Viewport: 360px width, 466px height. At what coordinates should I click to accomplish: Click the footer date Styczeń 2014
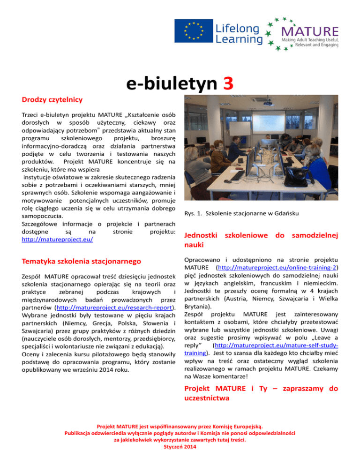(x=180, y=447)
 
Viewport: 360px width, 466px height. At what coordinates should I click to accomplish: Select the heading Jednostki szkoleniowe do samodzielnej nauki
(x=261, y=239)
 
